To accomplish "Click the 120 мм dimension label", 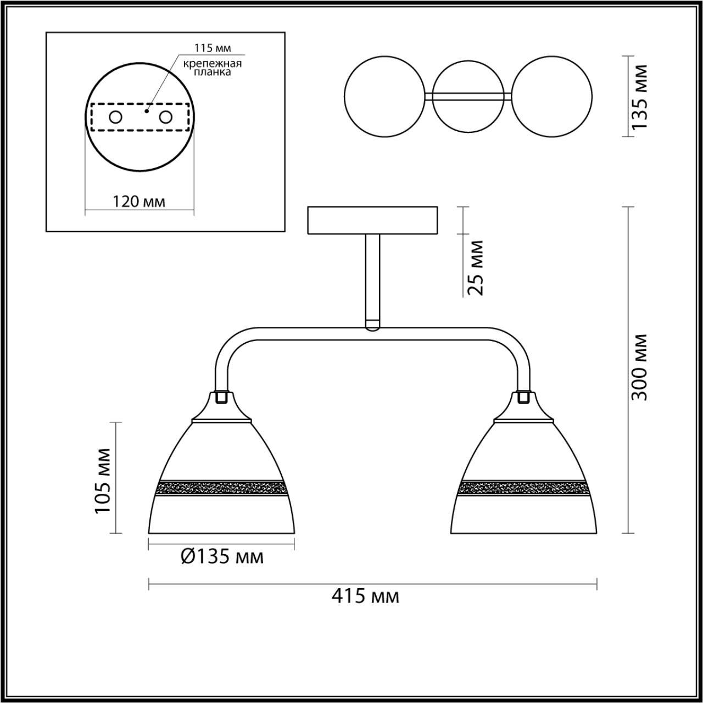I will pyautogui.click(x=139, y=201).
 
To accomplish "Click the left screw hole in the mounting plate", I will pyautogui.click(x=115, y=117).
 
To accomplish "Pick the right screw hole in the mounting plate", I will pyautogui.click(x=165, y=117).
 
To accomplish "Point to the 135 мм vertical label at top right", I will pyautogui.click(x=639, y=97).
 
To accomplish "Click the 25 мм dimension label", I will pyautogui.click(x=473, y=267).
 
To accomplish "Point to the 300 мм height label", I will pyautogui.click(x=639, y=366).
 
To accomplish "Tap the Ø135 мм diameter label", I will pyautogui.click(x=222, y=557).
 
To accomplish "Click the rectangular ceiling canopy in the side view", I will pyautogui.click(x=373, y=220).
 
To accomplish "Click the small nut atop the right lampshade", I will pyautogui.click(x=524, y=397).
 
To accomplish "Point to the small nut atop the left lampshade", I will pyautogui.click(x=222, y=397).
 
